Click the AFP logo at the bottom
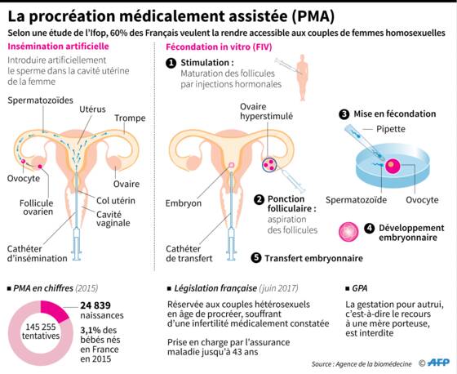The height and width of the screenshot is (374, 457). tap(438, 363)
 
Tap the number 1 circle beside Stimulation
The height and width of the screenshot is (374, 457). tap(171, 63)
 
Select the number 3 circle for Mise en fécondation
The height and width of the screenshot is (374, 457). tap(344, 114)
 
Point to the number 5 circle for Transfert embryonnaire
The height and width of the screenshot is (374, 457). tap(256, 258)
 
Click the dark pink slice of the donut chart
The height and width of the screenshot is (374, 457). tap(55, 310)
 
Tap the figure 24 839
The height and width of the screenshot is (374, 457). tap(95, 305)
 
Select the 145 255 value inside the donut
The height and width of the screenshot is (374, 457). tap(41, 327)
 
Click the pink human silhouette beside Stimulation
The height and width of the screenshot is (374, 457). tap(303, 78)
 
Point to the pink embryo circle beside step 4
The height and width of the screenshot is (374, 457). tap(348, 232)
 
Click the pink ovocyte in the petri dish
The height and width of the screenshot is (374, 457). tap(393, 167)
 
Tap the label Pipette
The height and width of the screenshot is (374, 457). tap(391, 129)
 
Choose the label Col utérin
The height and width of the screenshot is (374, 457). tap(116, 201)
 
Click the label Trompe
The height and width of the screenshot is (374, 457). tap(130, 118)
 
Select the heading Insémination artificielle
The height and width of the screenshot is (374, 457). tap(58, 47)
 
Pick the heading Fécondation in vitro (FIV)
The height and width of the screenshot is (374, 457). tap(219, 47)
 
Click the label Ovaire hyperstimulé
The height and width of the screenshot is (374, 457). tap(266, 111)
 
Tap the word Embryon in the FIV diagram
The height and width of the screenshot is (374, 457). tap(184, 203)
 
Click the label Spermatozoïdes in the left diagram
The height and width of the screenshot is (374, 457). tap(40, 100)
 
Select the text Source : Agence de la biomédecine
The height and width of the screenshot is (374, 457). tap(362, 364)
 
